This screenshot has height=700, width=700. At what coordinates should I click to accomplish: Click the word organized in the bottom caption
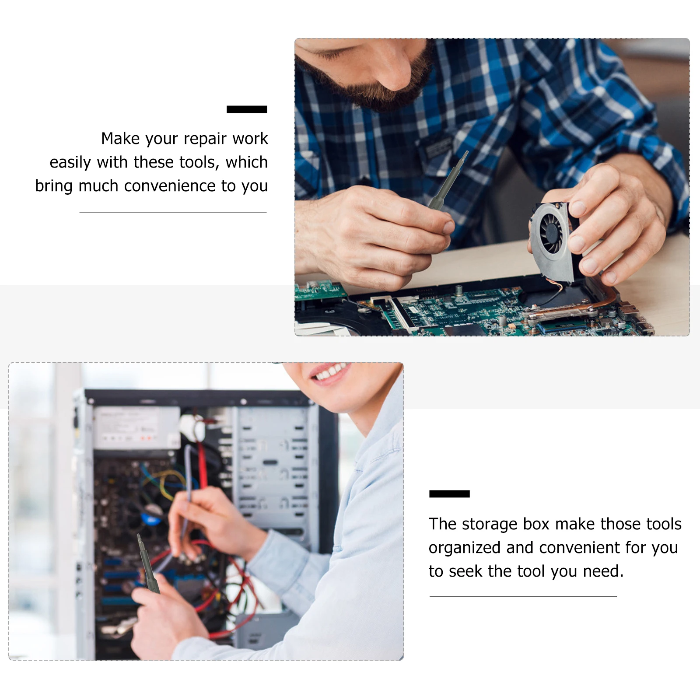click(x=464, y=548)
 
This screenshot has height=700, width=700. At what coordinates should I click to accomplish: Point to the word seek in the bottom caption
click(x=465, y=571)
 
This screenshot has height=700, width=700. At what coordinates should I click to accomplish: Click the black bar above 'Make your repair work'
click(x=247, y=109)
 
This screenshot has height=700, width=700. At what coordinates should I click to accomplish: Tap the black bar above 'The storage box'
click(x=449, y=494)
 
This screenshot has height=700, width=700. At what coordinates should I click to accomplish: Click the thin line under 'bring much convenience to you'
click(x=173, y=212)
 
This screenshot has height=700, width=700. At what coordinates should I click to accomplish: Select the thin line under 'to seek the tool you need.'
click(x=523, y=596)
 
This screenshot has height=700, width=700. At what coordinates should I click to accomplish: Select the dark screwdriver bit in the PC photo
click(x=148, y=564)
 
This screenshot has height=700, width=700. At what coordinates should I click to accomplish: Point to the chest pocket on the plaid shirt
click(x=437, y=153)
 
